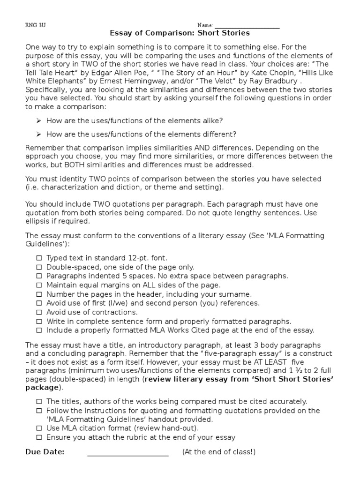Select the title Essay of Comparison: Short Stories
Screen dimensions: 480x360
pos(180,33)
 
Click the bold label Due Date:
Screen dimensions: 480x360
pos(45,452)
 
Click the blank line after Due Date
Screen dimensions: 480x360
pos(127,453)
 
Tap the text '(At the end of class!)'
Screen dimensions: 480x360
pos(219,452)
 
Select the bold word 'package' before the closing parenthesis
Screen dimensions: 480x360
pos(41,388)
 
